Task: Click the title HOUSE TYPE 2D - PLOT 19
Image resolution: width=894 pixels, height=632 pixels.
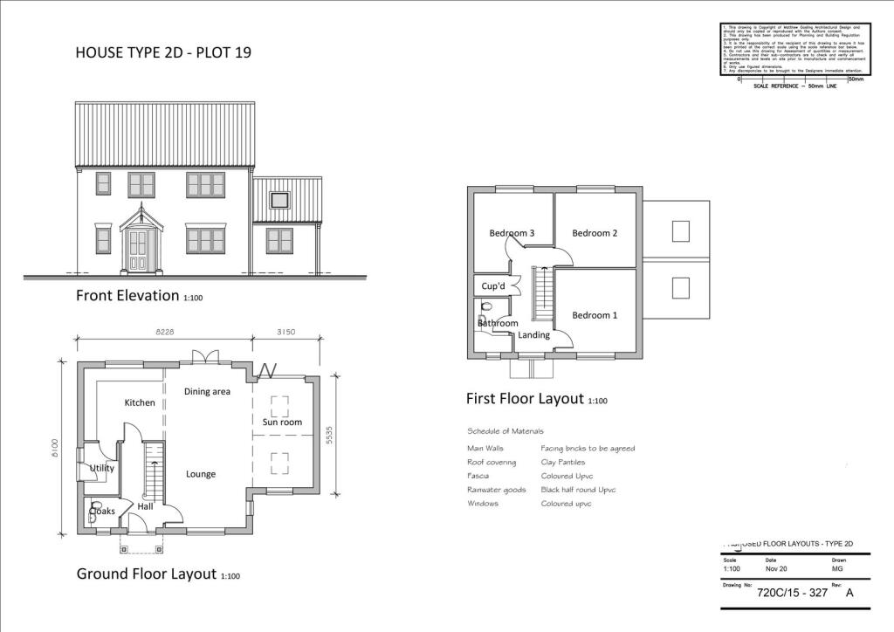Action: click(x=164, y=53)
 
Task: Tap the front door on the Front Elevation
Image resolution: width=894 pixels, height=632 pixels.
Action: click(x=138, y=251)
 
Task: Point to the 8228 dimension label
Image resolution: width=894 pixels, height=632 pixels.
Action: click(x=165, y=332)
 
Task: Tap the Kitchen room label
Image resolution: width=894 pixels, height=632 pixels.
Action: click(x=140, y=402)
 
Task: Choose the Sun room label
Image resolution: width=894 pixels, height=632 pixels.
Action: click(x=282, y=422)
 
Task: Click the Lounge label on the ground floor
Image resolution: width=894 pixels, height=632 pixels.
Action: click(x=201, y=474)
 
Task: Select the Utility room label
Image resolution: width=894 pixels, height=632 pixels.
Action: click(x=102, y=468)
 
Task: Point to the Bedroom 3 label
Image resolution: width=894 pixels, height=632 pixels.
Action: click(x=512, y=233)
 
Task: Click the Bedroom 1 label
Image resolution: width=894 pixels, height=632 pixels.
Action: click(x=595, y=315)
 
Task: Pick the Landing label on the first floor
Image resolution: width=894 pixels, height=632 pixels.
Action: click(x=533, y=334)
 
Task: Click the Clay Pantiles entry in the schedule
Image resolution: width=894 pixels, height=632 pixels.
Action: click(x=563, y=462)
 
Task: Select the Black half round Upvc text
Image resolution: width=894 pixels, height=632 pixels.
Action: click(x=578, y=490)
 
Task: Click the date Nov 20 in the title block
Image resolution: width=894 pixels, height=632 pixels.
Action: click(x=776, y=569)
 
